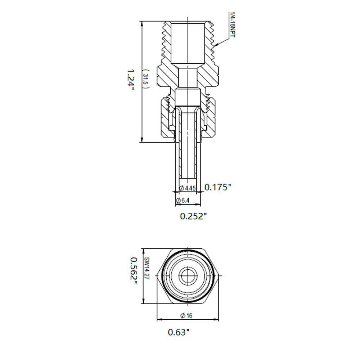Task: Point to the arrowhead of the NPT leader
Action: [x=214, y=47]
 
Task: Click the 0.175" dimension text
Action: [x=217, y=187]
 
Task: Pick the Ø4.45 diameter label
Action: [x=188, y=188]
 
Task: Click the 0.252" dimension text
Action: [x=194, y=216]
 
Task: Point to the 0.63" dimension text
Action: [x=179, y=332]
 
